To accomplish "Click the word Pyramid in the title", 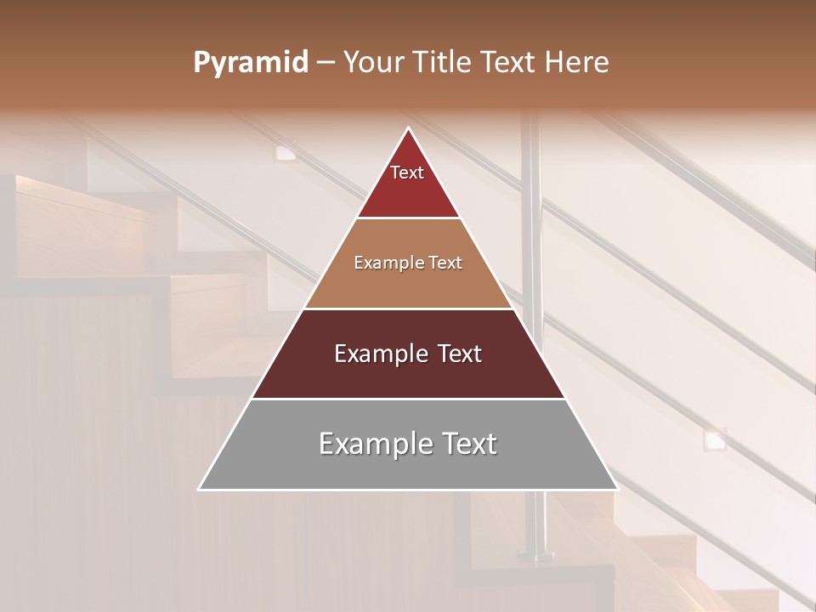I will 250,63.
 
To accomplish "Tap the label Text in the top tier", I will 407,173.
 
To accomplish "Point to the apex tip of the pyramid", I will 409,129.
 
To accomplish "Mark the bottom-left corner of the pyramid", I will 200,489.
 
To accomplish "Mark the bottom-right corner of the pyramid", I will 617,489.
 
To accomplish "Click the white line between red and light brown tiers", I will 408,218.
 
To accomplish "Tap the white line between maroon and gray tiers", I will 408,399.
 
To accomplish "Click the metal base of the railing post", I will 535,557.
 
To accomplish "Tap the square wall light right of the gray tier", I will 714,439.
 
